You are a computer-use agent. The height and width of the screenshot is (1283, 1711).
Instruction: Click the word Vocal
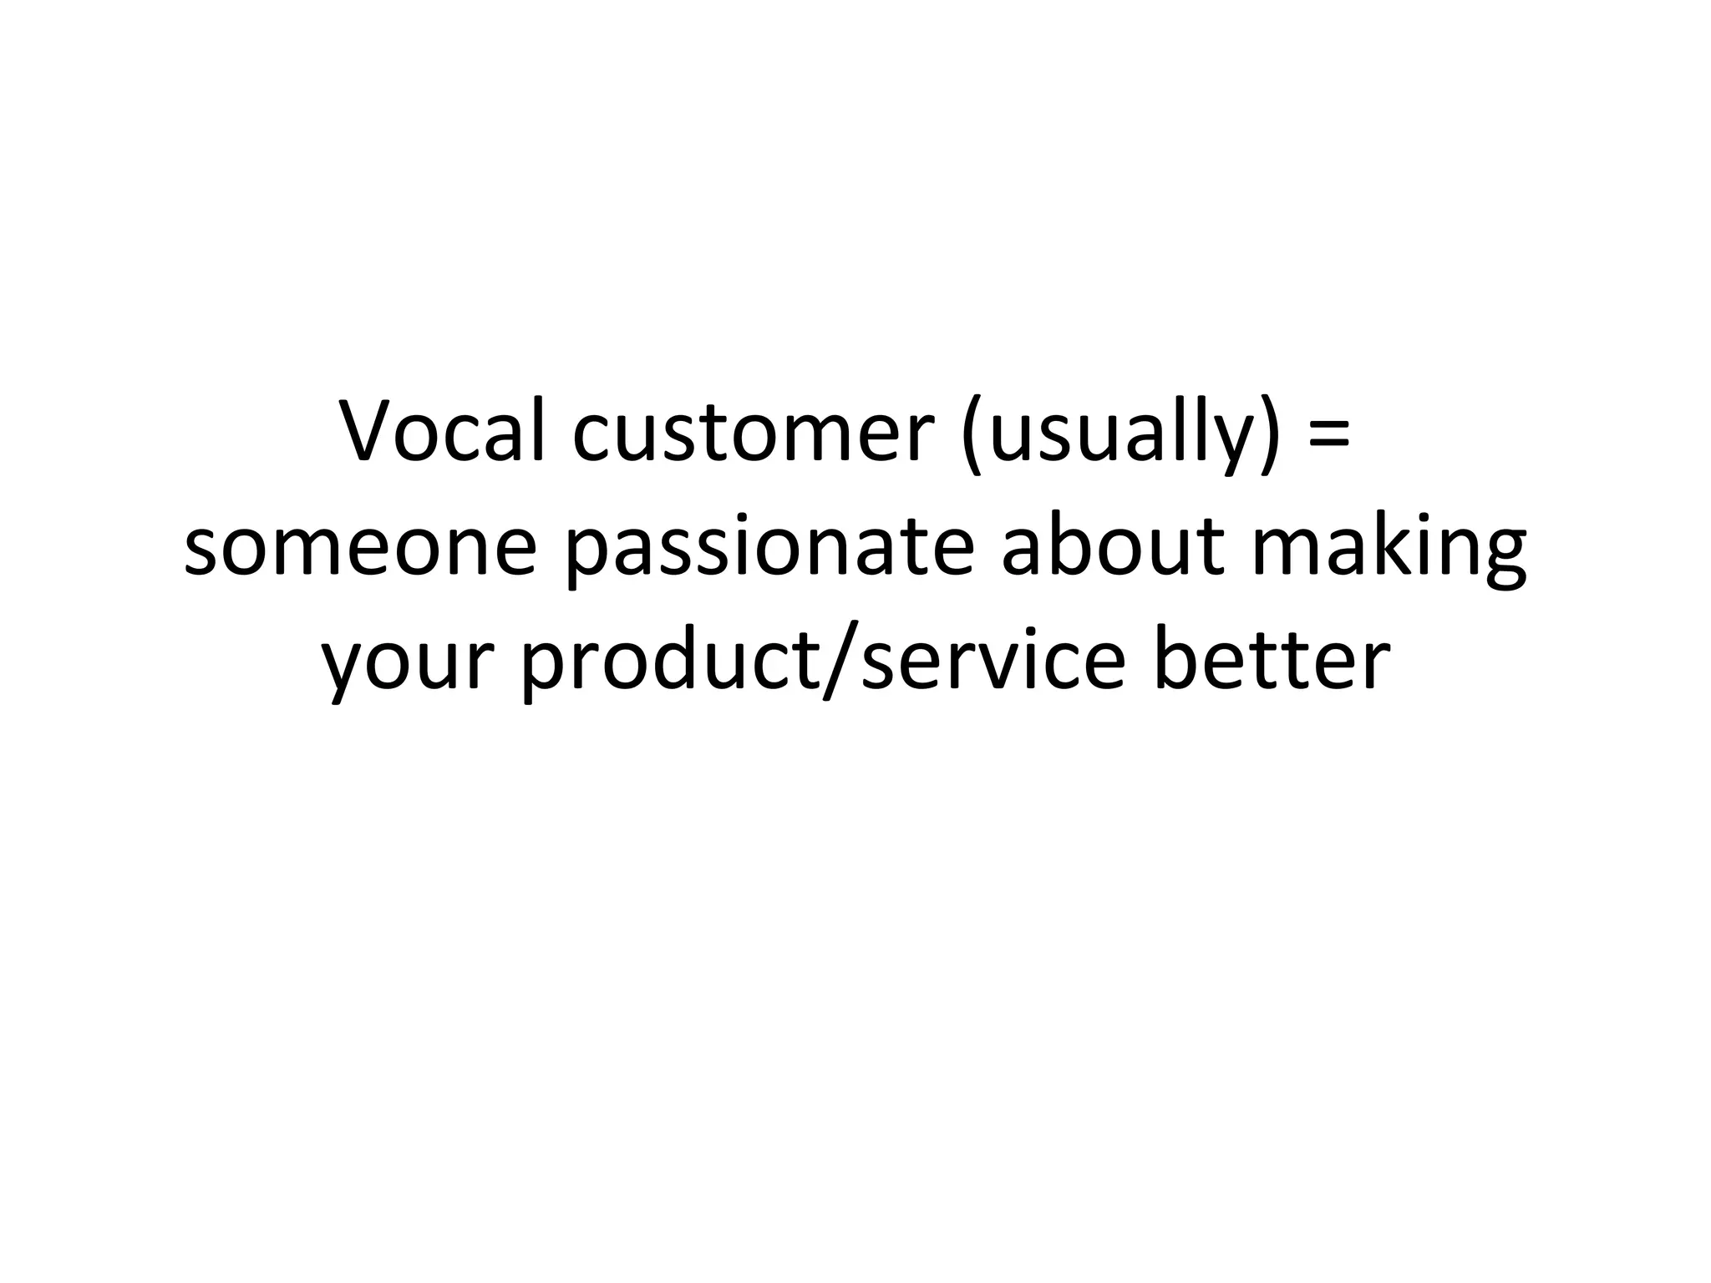pyautogui.click(x=443, y=432)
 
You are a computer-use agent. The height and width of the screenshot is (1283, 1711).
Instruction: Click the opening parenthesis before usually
pyautogui.click(x=972, y=436)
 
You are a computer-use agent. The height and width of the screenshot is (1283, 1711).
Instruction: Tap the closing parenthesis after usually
pyautogui.click(x=1269, y=436)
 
